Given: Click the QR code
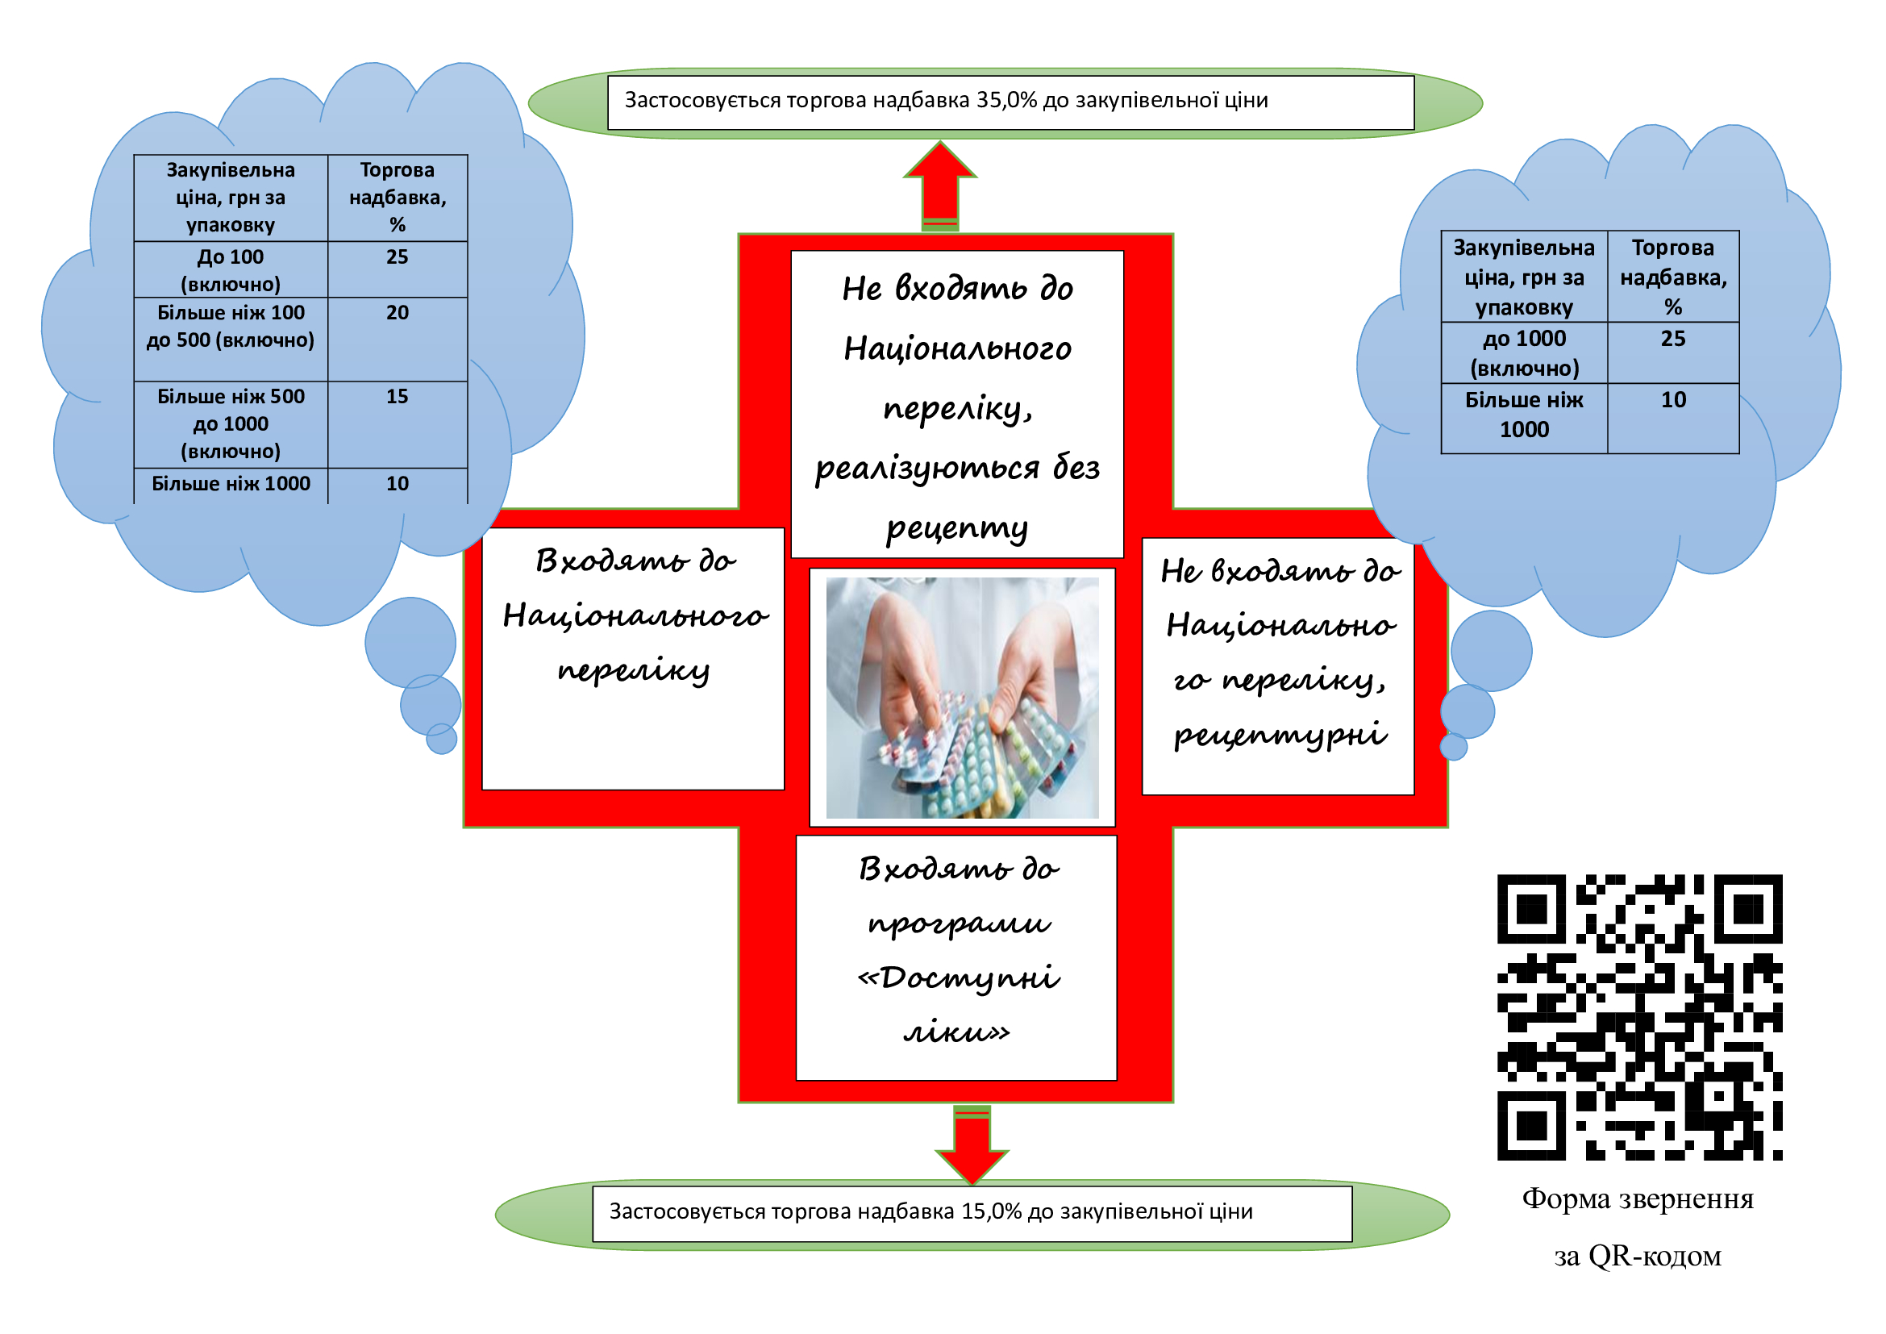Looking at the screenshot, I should (x=1638, y=1017).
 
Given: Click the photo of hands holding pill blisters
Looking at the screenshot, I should (x=962, y=697).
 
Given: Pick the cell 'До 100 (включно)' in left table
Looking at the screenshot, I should (x=231, y=270).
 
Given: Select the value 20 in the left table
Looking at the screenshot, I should (x=398, y=313).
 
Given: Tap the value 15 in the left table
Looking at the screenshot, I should (x=398, y=397).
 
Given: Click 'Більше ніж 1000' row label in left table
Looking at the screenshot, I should (x=231, y=484).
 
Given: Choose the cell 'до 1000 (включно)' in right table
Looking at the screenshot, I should (x=1524, y=353).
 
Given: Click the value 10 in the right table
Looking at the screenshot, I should (x=1672, y=400).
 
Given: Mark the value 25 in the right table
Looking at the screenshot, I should (x=1672, y=339).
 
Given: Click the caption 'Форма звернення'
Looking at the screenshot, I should (x=1637, y=1199).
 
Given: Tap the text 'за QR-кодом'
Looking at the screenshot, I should (x=1637, y=1256).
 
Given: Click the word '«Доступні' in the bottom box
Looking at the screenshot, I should (x=958, y=978).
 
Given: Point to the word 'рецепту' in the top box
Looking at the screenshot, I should (x=957, y=528).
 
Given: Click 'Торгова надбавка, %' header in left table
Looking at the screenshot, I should (x=398, y=197).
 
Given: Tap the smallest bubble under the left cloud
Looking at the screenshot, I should (x=442, y=740).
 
